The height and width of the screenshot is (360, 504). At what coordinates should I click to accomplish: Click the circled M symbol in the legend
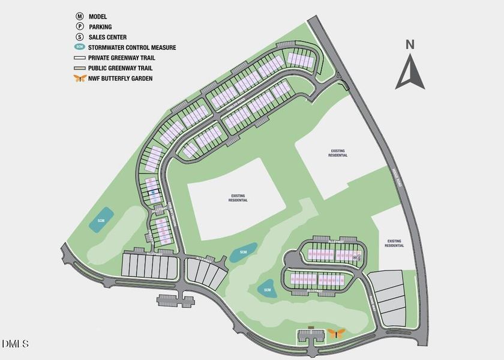(79, 16)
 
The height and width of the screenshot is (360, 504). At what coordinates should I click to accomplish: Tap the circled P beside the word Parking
(79, 26)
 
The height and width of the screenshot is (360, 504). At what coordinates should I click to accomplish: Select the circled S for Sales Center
(79, 37)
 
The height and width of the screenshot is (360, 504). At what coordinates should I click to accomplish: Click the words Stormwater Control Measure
(132, 47)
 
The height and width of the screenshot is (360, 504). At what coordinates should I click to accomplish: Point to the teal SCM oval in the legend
(79, 47)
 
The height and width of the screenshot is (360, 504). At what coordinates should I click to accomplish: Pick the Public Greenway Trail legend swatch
(79, 68)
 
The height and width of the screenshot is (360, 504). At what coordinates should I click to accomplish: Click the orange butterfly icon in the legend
(79, 78)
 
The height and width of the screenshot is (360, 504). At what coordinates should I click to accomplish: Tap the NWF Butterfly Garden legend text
(120, 78)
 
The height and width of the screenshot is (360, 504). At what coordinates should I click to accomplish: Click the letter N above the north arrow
(410, 44)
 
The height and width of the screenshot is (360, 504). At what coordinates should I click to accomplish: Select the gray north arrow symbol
(410, 71)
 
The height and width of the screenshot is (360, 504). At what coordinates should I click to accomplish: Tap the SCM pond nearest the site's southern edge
(266, 290)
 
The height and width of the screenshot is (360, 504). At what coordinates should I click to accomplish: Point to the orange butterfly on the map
(337, 333)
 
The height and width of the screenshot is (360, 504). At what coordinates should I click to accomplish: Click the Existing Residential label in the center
(238, 197)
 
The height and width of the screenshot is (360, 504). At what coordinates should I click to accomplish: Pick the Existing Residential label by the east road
(394, 243)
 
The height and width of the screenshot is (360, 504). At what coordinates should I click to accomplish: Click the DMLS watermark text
(16, 344)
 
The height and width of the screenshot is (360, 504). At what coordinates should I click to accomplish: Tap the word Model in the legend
(98, 16)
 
